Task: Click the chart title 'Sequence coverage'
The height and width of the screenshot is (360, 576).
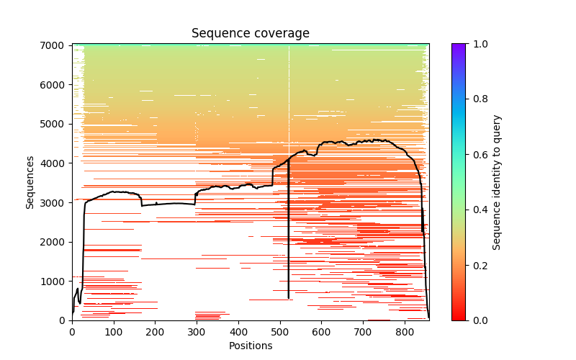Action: [x=250, y=34]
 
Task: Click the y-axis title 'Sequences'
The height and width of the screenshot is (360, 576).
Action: [x=30, y=182]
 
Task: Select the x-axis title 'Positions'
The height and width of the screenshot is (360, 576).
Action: [x=250, y=346]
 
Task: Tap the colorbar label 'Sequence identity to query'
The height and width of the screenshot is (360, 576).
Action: [x=497, y=182]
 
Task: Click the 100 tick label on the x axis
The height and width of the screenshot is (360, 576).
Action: [x=113, y=332]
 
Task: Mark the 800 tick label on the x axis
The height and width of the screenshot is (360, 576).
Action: [x=405, y=332]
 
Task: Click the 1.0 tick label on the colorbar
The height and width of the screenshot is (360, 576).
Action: [x=480, y=44]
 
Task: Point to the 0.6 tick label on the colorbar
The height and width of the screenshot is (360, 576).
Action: [x=480, y=154]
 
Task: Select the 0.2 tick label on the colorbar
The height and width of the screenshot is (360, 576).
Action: [x=480, y=265]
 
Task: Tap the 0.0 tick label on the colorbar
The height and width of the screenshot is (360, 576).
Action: [x=480, y=320]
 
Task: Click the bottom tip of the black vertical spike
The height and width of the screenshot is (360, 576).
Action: [x=289, y=298]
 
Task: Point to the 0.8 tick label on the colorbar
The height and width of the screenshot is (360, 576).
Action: [x=480, y=99]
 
